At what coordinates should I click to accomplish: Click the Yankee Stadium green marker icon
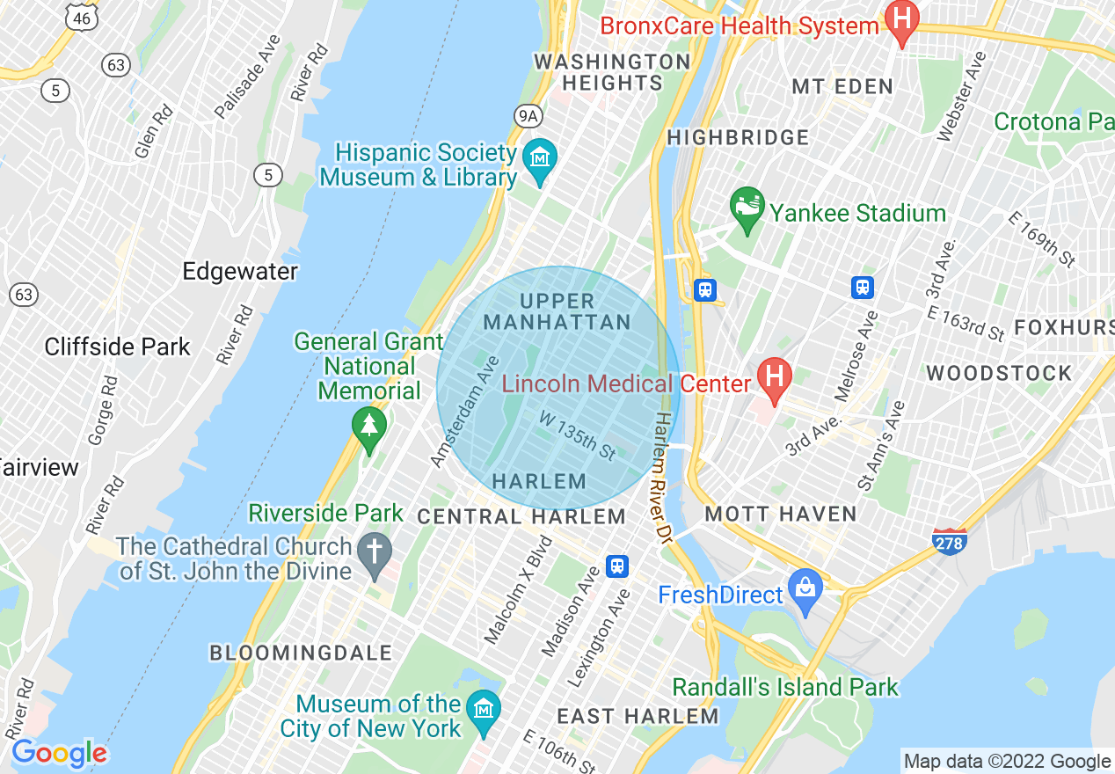tap(746, 208)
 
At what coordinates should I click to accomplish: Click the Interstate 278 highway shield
tap(949, 542)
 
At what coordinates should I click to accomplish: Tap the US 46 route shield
tap(81, 17)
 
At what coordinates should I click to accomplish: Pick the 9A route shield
tap(527, 115)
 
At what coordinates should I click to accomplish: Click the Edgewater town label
tap(239, 271)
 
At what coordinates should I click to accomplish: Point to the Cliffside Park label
tap(117, 347)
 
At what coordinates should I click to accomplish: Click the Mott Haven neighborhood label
tap(780, 515)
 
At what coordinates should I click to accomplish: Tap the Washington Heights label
tap(612, 72)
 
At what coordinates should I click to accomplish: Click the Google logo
tap(59, 753)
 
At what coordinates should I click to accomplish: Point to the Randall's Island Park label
tap(785, 687)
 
